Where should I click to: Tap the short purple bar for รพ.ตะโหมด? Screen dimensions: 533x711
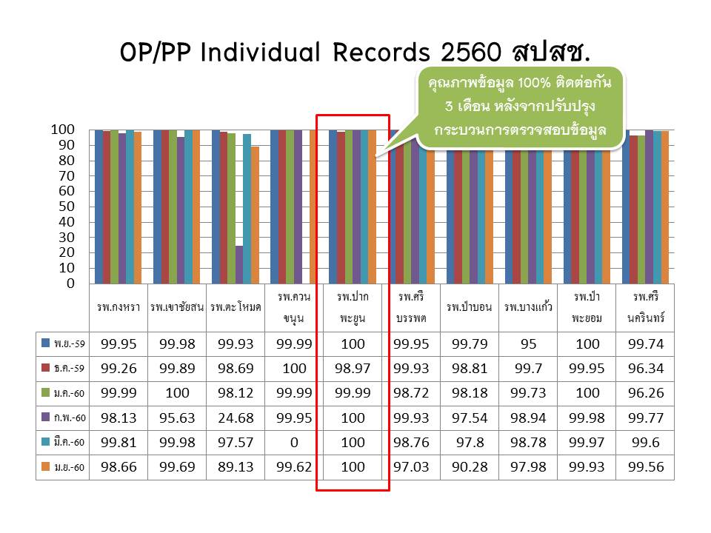coord(239,264)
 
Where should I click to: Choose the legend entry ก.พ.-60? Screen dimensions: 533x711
coord(63,418)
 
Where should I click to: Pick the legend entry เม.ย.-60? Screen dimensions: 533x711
coord(63,467)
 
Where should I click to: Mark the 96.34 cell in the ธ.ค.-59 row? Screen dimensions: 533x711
coord(645,369)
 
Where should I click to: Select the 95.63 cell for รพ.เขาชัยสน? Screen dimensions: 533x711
coord(177,418)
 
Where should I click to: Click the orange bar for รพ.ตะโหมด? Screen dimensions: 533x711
coord(255,215)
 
